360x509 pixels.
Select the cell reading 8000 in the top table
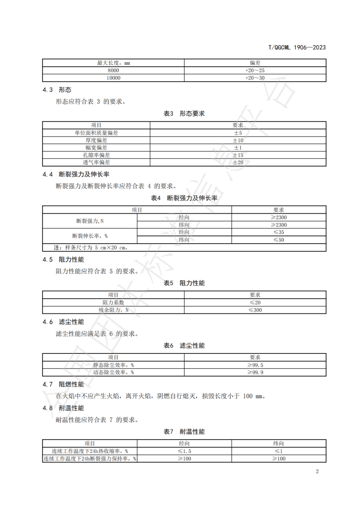(x=113, y=71)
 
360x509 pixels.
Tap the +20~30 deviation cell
(x=255, y=78)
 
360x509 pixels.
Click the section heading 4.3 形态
(x=57, y=90)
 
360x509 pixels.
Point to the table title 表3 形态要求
(x=184, y=113)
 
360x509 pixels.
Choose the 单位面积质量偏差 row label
(x=96, y=133)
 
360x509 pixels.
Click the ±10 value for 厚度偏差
(x=238, y=140)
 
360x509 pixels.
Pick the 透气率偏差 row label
(x=96, y=162)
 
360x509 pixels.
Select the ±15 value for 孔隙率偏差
(x=238, y=155)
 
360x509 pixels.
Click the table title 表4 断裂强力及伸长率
(x=184, y=198)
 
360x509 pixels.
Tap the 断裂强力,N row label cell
(x=90, y=221)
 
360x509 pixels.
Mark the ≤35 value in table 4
(x=278, y=232)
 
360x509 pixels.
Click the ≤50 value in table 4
(x=278, y=240)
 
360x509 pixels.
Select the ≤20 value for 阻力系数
(x=255, y=303)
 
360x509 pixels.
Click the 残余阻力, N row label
(x=113, y=310)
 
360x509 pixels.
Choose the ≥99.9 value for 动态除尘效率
(x=255, y=372)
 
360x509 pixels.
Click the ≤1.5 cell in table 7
(x=184, y=451)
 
